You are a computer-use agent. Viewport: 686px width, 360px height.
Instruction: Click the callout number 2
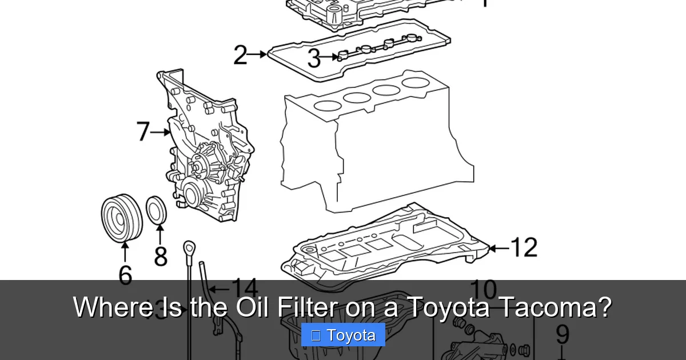pyautogui.click(x=241, y=55)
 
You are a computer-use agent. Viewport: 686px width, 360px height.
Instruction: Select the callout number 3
pyautogui.click(x=314, y=58)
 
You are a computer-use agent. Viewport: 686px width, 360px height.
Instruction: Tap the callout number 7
pyautogui.click(x=143, y=132)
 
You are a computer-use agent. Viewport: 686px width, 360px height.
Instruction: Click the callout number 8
pyautogui.click(x=161, y=256)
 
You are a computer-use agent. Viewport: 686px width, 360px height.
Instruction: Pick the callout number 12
pyautogui.click(x=523, y=248)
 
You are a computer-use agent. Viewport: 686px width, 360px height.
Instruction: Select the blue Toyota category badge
pyautogui.click(x=343, y=335)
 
